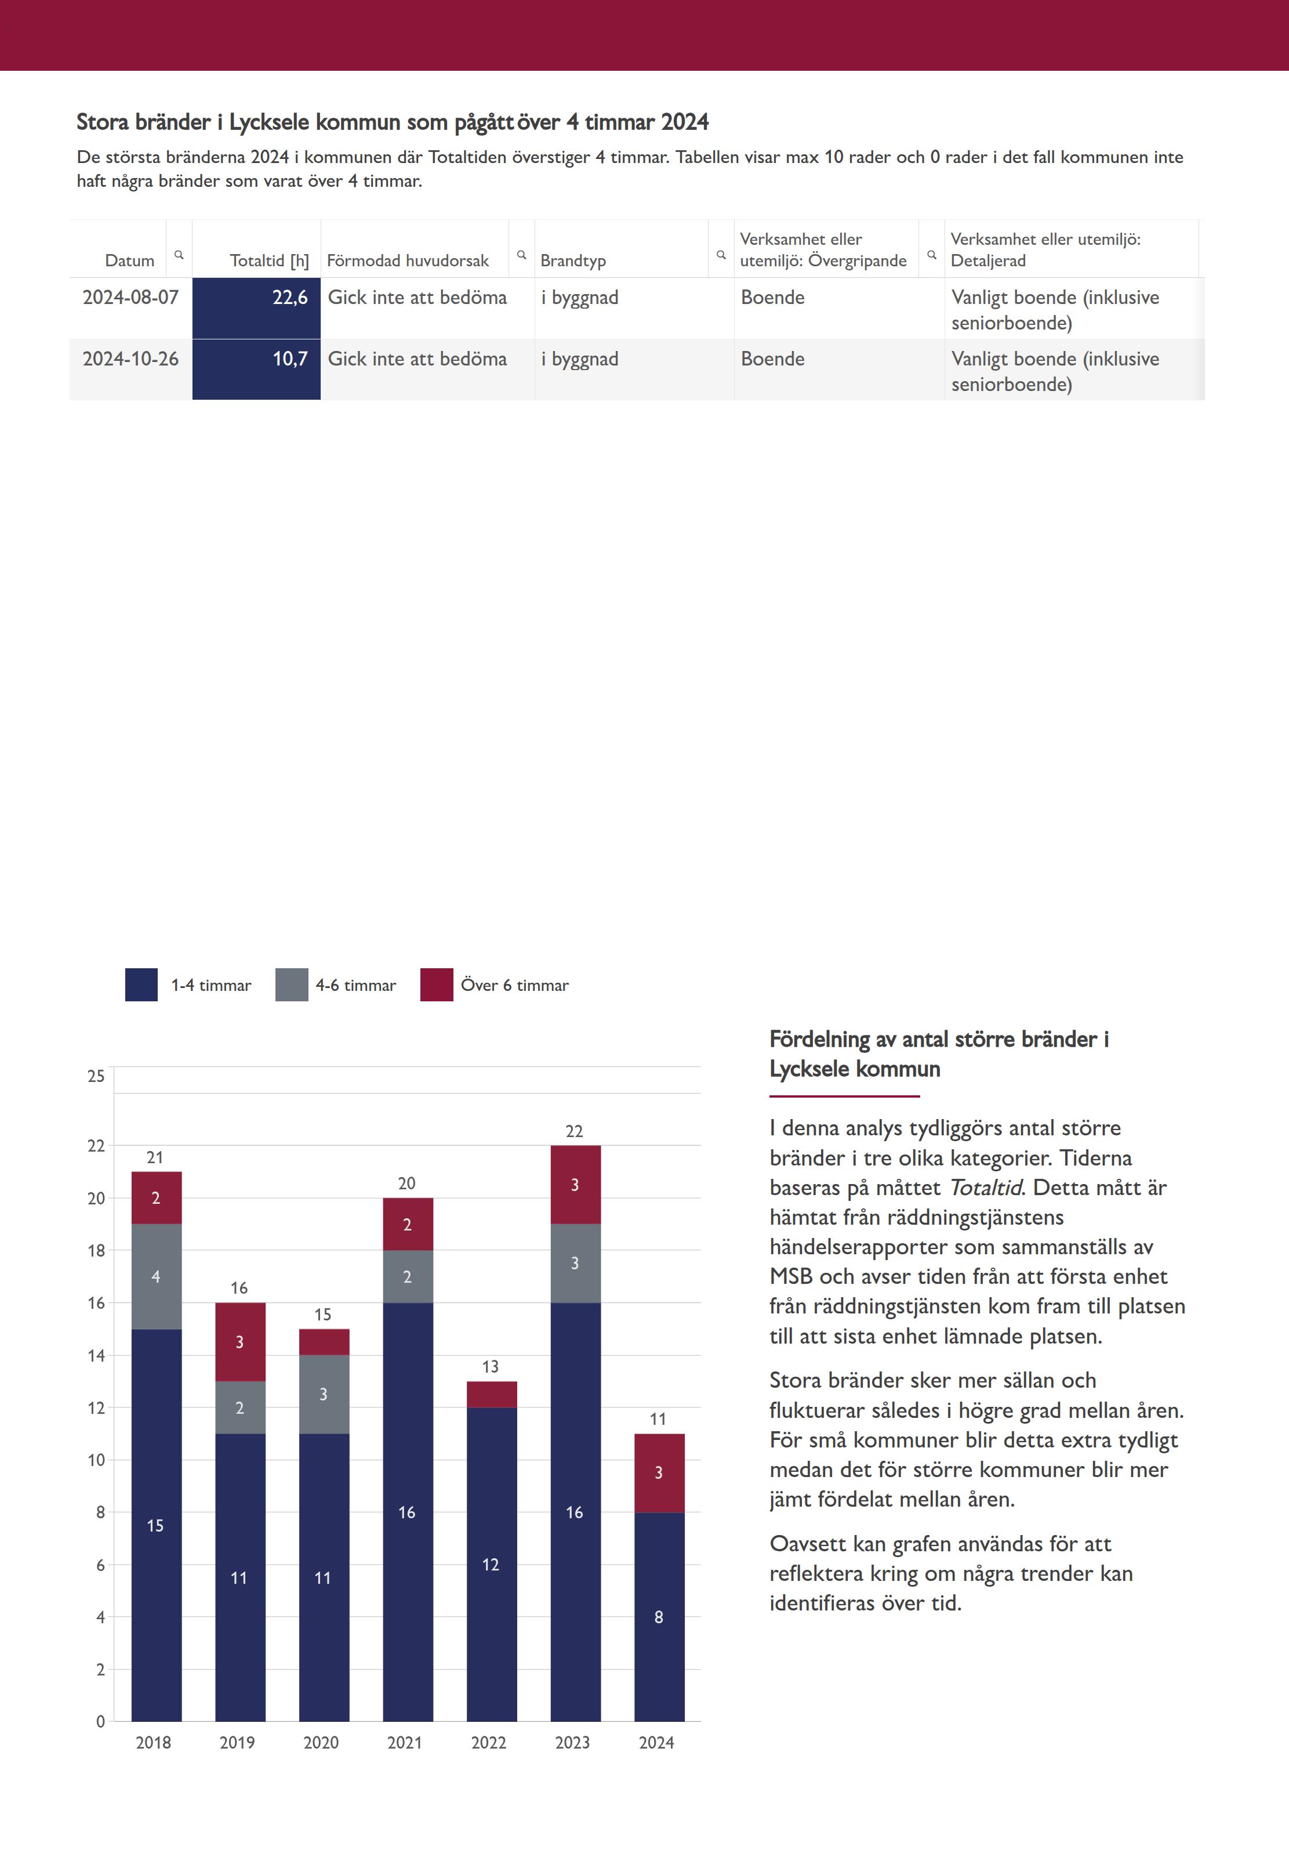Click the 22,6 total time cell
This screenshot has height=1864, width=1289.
256,308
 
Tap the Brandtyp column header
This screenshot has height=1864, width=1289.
573,260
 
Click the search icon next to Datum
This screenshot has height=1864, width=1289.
179,255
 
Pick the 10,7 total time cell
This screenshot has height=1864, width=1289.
256,369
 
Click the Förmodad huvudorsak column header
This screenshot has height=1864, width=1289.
407,260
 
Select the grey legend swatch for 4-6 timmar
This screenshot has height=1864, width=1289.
292,985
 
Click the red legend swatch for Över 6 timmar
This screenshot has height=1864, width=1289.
436,985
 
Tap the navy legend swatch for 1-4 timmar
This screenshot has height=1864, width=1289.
141,985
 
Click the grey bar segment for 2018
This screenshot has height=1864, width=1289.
156,1276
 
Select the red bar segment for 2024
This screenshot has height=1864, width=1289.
659,1473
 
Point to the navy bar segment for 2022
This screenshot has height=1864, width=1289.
491,1563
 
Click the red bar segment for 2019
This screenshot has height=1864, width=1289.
240,1342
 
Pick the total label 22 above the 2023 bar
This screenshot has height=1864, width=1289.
574,1131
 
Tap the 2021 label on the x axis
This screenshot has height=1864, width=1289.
405,1743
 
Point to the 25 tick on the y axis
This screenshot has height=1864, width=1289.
96,1076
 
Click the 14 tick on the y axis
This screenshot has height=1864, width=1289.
96,1356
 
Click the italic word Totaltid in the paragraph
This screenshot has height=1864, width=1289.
985,1188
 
